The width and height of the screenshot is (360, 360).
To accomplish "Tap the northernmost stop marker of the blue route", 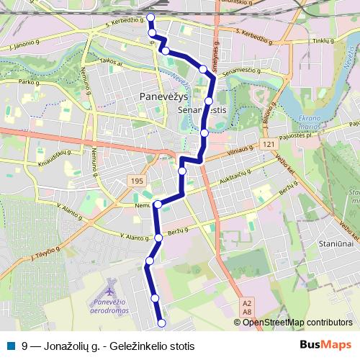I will point(150,17).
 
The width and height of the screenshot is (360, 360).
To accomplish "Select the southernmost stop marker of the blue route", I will point(161,323).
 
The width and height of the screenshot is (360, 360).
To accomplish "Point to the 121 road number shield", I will point(269,145).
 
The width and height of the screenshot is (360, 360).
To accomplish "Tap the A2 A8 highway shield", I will point(247,307).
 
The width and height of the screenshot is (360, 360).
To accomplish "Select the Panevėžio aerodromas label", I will point(111,305).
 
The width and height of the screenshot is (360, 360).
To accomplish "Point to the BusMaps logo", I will point(326,345).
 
